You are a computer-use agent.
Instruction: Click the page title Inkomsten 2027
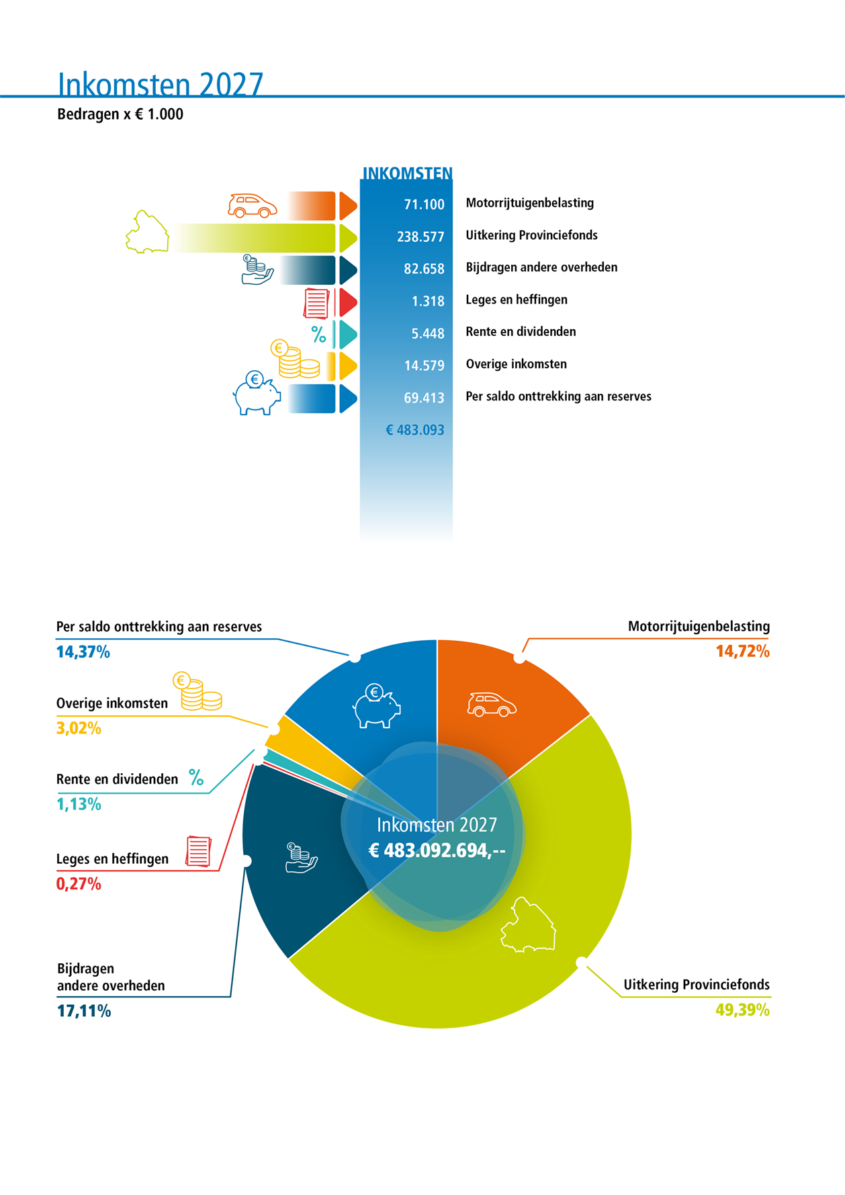coord(161,84)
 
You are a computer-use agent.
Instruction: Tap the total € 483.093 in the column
coord(415,430)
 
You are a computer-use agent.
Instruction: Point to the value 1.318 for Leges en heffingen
coord(428,301)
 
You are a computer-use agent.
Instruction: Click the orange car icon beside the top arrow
coord(253,206)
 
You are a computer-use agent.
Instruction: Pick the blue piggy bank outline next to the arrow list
coord(257,393)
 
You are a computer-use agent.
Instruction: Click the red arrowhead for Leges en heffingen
coord(348,302)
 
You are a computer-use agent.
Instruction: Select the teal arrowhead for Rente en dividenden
coord(348,335)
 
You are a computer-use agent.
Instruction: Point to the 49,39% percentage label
coord(742,1010)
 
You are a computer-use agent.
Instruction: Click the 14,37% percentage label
coord(83,652)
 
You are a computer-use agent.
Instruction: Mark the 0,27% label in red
coord(79,883)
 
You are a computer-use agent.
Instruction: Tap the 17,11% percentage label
coord(84,1011)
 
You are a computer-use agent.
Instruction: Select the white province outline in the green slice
coord(529,925)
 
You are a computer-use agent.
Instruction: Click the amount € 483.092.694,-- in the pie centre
coord(437,850)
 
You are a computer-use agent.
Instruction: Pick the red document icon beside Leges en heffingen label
coord(198,851)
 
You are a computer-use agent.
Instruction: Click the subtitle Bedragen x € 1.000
coord(120,114)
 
